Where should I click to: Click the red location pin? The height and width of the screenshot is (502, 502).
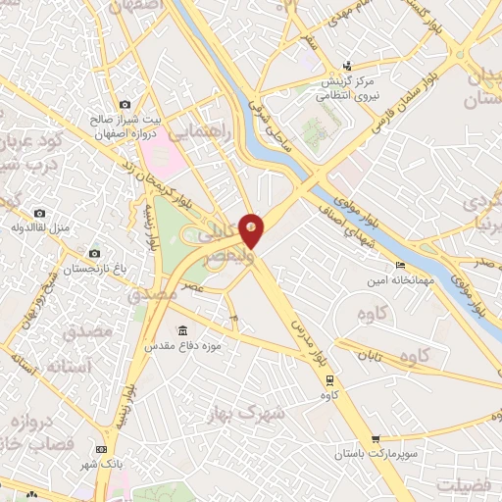tap(252, 228)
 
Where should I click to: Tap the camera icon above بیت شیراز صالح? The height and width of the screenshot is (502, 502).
tap(125, 104)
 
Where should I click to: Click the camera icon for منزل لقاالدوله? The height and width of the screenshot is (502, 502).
tap(39, 213)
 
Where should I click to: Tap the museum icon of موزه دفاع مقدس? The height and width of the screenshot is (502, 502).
tap(181, 330)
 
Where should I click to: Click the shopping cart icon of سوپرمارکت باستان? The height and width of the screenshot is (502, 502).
tap(375, 440)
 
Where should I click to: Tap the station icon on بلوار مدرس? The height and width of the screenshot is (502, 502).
tap(328, 379)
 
